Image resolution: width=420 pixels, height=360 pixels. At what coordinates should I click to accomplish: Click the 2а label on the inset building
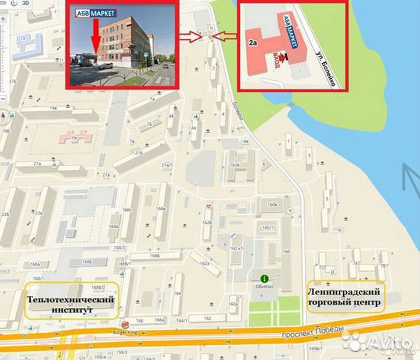coord(253,42)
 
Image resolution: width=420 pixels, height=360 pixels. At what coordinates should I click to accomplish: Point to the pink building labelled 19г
coord(74,137)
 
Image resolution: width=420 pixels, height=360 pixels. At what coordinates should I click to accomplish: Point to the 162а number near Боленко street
coord(234,164)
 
